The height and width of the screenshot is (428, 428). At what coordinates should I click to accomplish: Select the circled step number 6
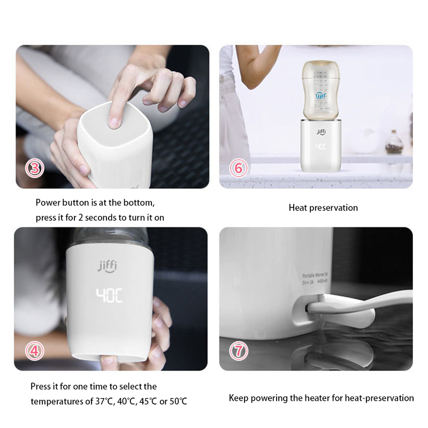239,169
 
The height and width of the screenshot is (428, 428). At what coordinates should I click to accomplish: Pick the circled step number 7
239,351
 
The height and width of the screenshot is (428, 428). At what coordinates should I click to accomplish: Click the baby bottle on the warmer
320,91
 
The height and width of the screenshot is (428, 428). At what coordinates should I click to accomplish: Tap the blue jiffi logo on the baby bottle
320,97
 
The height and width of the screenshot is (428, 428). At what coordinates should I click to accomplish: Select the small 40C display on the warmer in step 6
320,145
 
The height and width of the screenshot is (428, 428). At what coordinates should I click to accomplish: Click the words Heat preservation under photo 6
323,208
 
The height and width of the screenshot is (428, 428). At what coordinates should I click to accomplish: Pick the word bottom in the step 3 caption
141,203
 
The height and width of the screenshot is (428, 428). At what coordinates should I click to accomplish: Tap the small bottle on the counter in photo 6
394,143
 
